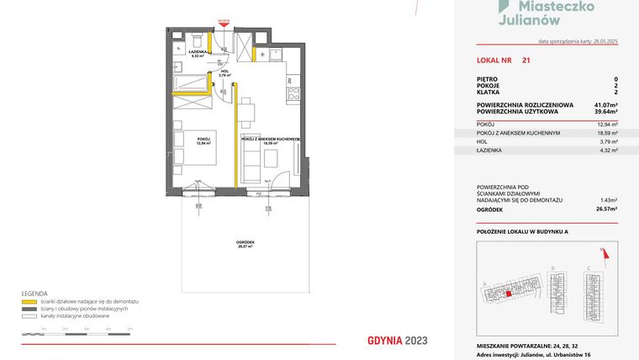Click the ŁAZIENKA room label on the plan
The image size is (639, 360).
click(199, 54)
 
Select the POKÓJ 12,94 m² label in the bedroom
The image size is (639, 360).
click(203, 140)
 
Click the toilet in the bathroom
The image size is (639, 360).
click(195, 40)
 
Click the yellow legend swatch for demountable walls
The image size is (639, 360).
click(29, 300)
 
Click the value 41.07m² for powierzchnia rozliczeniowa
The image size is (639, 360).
click(603, 104)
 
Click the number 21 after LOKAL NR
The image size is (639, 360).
click(525, 61)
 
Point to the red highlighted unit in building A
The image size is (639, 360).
click(508, 294)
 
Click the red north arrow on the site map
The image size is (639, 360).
click(602, 250)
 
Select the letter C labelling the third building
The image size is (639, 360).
click(589, 267)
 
